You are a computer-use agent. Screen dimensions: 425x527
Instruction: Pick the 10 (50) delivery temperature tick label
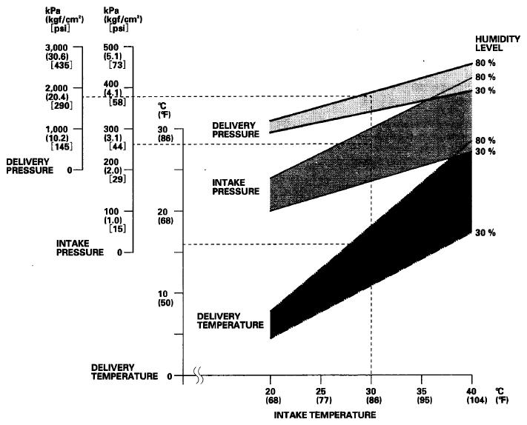click(165, 298)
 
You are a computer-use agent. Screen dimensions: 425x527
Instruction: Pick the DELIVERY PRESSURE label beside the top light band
click(236, 130)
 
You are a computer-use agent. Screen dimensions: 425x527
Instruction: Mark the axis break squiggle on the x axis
click(200, 376)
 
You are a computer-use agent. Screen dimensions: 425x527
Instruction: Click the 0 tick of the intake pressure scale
click(121, 252)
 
